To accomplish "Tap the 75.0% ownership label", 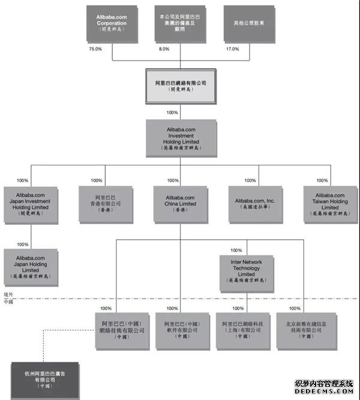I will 95,49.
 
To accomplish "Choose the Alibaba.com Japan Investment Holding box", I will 32,204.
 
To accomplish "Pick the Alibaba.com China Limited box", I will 180,204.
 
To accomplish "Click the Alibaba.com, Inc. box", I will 254,204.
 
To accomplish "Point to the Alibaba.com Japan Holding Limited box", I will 32,266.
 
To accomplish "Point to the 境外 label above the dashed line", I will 8,295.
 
